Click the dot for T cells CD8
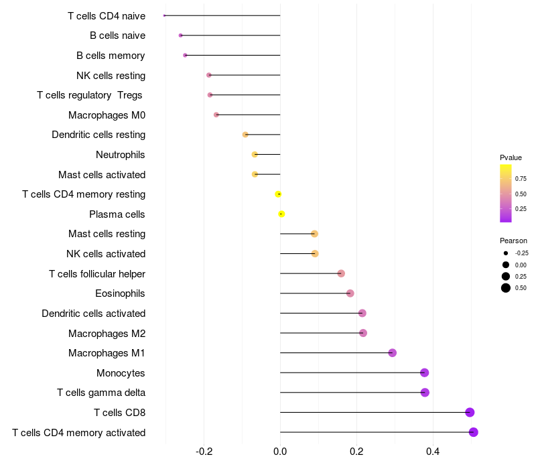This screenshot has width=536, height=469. point(470,412)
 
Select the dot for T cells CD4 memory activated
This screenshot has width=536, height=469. point(474,432)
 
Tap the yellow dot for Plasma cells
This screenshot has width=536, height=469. point(281,214)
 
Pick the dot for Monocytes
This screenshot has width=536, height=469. point(424,373)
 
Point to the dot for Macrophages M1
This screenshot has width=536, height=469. point(393,353)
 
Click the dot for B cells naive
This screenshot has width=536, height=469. point(180,36)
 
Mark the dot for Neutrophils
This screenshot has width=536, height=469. point(255,155)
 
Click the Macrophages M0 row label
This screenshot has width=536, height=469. point(107,115)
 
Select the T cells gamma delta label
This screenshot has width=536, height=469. point(101,393)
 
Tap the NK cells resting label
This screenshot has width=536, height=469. point(111,76)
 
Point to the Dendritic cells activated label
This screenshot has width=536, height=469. point(93,314)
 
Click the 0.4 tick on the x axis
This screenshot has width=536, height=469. point(433,452)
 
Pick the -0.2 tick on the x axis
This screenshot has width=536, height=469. point(204,452)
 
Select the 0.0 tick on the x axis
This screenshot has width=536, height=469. point(280,452)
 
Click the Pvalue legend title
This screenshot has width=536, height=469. point(511,157)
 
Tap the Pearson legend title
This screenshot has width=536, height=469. point(513,241)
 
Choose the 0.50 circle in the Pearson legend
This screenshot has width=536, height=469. point(506,288)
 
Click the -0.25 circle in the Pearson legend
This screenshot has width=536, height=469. point(506,253)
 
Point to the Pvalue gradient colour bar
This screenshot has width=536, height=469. point(506,193)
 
